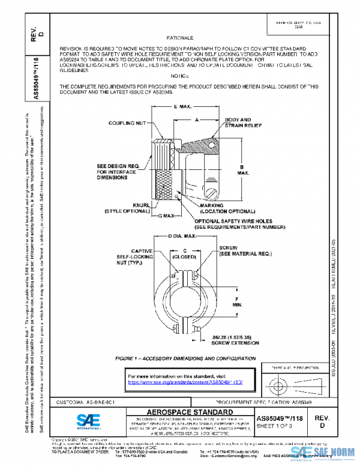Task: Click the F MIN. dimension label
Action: tap(238, 302)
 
